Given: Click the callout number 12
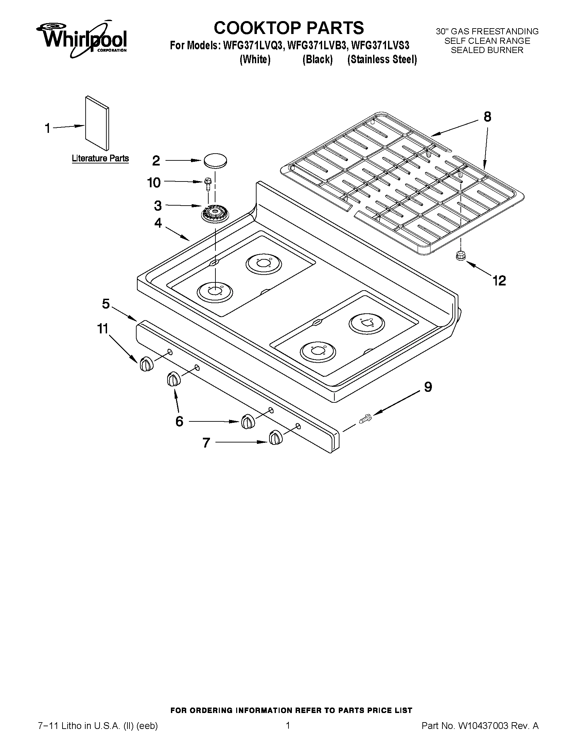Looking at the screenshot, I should point(499,281).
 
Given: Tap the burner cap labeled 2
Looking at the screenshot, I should point(215,161).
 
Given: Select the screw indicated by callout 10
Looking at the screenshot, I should point(208,184).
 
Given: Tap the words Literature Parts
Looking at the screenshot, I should point(100,158).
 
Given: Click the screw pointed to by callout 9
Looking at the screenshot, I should point(365,419).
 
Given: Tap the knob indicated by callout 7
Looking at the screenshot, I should point(276,438).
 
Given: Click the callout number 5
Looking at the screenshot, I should point(106,304).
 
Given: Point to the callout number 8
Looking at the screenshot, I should point(487,117).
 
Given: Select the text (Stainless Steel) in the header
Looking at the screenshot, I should point(382,59).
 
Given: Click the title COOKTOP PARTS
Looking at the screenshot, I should point(288,28).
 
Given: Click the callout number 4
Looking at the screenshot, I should point(158,223).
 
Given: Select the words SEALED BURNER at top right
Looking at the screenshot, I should point(487,50).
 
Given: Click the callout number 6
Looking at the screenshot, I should point(179,421).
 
